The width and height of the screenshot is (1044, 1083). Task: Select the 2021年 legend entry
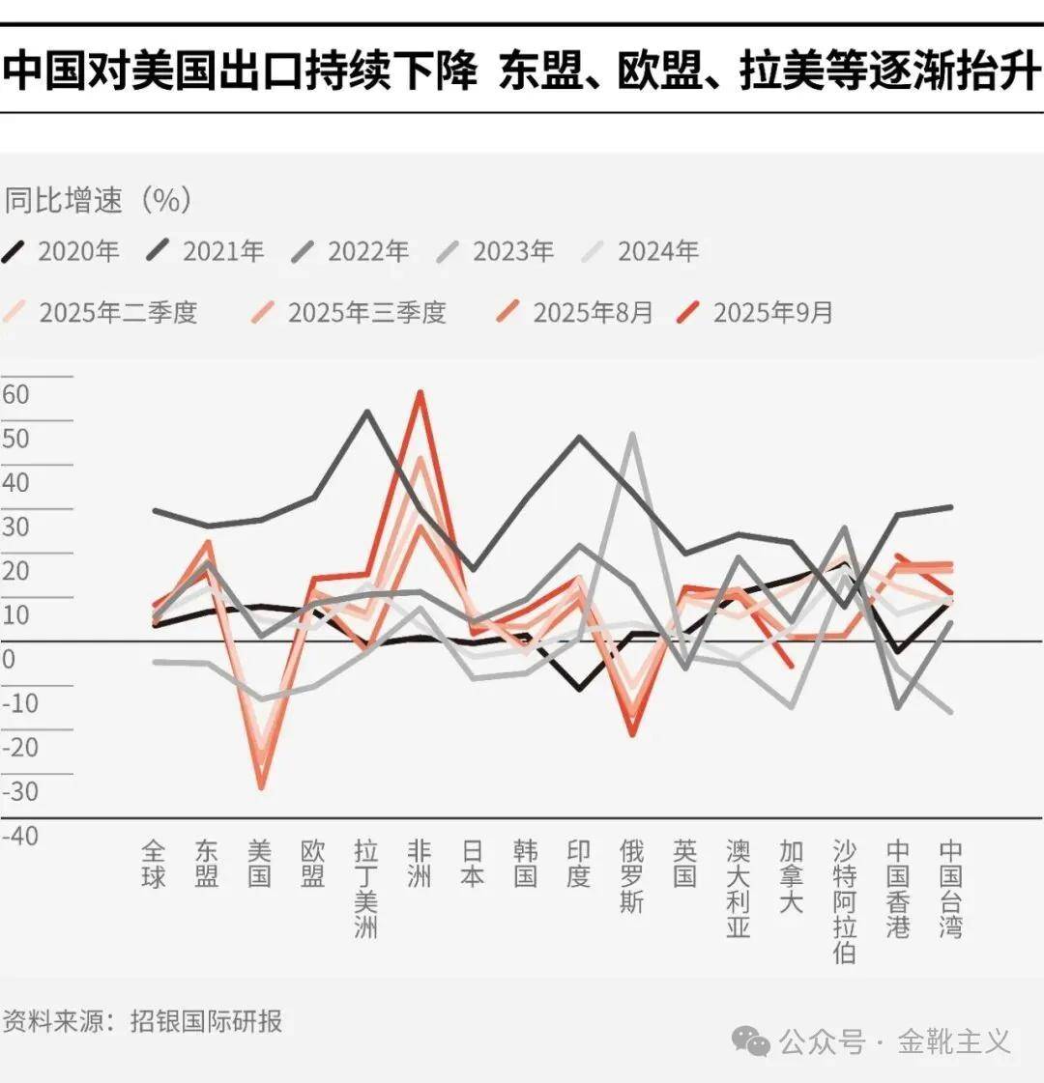click(207, 252)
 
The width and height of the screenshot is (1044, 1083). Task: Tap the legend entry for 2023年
click(497, 252)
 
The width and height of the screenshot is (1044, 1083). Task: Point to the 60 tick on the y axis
click(16, 394)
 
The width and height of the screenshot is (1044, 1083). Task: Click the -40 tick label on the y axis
click(20, 835)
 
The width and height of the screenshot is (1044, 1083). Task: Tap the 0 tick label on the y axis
click(9, 660)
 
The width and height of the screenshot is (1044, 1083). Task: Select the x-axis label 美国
click(259, 864)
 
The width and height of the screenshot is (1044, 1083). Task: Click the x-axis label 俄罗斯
click(631, 876)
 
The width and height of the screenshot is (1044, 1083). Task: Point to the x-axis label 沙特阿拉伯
click(844, 901)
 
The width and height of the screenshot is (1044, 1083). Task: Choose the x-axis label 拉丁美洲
click(365, 889)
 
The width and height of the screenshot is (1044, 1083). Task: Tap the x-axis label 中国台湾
click(950, 889)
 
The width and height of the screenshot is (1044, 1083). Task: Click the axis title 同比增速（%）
click(98, 200)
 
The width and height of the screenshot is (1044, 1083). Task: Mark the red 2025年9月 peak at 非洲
click(420, 393)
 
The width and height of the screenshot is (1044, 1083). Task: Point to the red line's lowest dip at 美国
click(260, 787)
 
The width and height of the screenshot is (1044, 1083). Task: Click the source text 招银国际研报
click(207, 1021)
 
